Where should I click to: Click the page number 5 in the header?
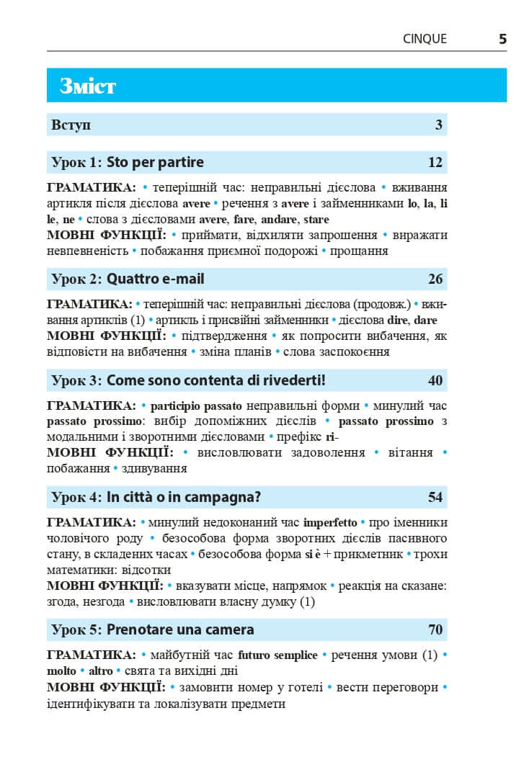point(502,39)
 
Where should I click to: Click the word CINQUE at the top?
point(425,40)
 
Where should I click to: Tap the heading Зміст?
point(87,86)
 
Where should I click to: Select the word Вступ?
point(71,125)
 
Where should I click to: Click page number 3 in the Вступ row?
point(438,125)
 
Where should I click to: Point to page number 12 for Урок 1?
point(435,162)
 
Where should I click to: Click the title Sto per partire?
point(155,162)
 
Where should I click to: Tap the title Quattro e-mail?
point(155,279)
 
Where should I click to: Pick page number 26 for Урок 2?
point(435,279)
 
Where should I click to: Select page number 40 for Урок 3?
point(435,380)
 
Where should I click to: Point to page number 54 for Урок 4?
point(435,497)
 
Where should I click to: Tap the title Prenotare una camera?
point(180,629)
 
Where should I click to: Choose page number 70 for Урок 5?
point(435,629)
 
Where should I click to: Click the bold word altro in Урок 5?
point(100,671)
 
